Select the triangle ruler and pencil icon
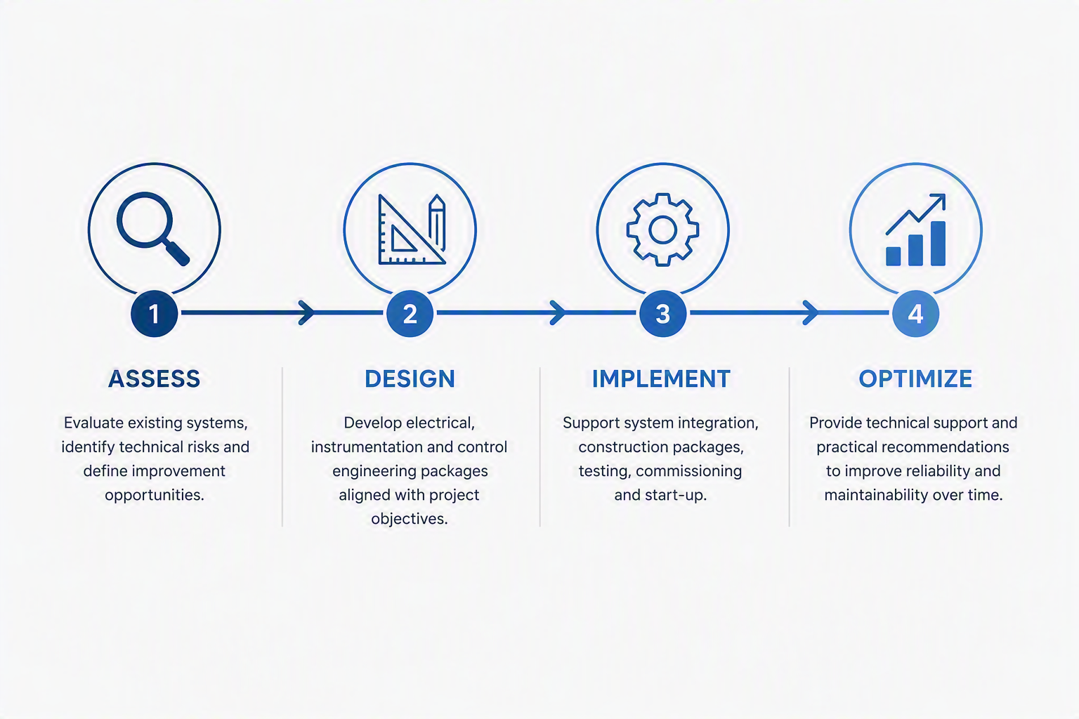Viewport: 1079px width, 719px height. coord(412,229)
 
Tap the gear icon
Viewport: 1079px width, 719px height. coord(662,230)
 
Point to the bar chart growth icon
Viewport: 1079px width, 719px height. coord(916,230)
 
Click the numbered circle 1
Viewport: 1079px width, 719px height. coord(154,313)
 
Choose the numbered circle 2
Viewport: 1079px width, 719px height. coord(410,313)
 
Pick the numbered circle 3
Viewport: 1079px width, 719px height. coord(663,313)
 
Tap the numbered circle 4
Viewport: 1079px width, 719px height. coord(916,313)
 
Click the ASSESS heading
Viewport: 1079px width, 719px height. coord(154,378)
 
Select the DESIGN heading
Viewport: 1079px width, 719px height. coord(410,378)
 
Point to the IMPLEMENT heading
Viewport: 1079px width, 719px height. coord(661,378)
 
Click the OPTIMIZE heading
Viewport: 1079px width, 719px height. coord(915,378)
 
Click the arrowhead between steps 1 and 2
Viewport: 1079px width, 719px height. coord(307,312)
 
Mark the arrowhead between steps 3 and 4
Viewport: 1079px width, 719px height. coord(811,312)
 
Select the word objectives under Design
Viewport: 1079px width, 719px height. coord(410,519)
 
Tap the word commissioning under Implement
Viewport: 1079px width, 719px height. coord(689,471)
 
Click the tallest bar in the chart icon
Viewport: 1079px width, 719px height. coord(939,244)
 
